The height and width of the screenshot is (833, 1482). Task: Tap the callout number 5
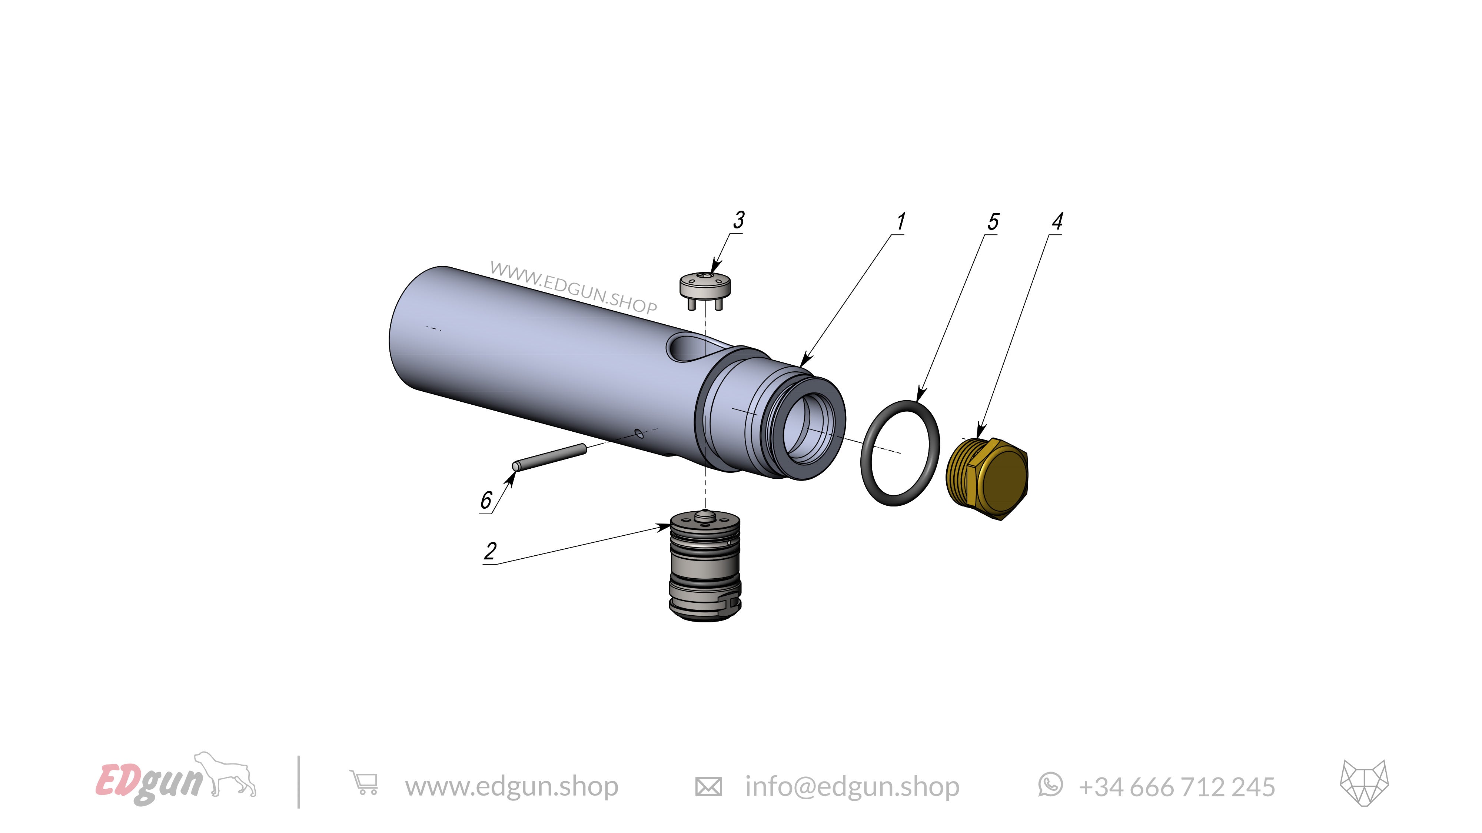pos(993,221)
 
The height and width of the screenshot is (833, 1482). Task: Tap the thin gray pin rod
pos(549,458)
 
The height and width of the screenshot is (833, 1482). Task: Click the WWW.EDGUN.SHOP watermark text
pos(573,287)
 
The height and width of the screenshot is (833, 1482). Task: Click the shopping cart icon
pos(364,783)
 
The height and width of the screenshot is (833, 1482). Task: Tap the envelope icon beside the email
pos(708,786)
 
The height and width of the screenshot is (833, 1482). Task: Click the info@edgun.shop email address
pos(852,786)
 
